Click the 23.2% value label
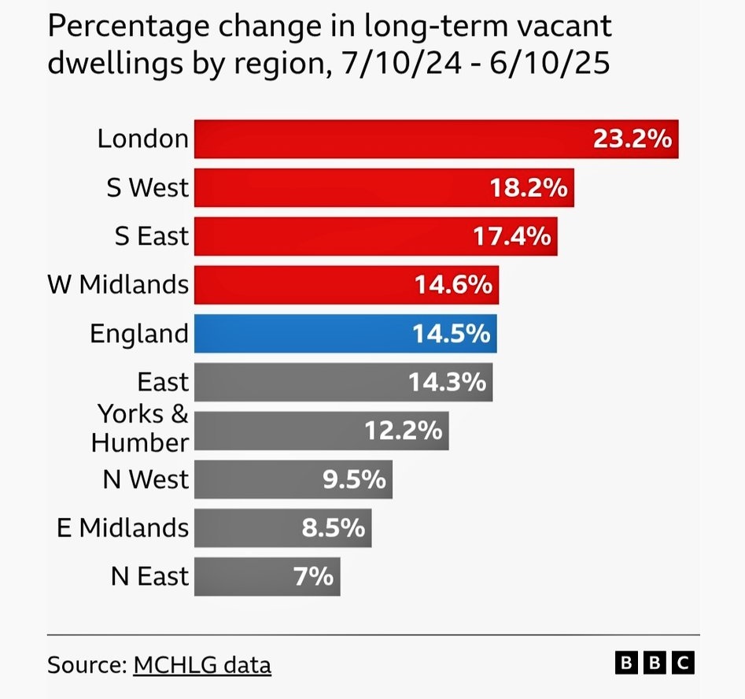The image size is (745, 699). (633, 139)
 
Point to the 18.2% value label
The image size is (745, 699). (528, 188)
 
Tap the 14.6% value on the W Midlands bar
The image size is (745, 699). (453, 285)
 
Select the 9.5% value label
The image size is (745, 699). (354, 479)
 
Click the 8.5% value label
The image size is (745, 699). (334, 528)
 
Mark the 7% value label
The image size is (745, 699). (314, 577)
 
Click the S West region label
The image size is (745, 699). (148, 188)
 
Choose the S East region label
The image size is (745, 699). (152, 236)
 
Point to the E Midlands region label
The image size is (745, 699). (123, 528)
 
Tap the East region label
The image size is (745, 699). (163, 383)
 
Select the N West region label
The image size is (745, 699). (146, 479)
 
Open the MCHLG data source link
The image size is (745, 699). (202, 665)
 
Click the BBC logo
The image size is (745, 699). (655, 664)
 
